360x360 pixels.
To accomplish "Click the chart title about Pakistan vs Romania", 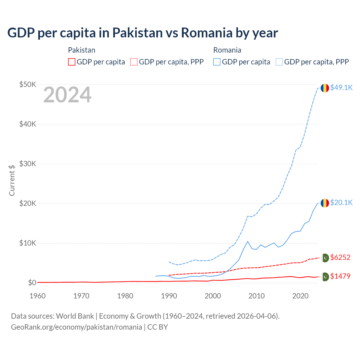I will [x=143, y=33].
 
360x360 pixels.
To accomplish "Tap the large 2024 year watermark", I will [x=67, y=95].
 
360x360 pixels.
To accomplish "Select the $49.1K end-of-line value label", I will [x=341, y=87].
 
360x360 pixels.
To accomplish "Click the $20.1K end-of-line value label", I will [x=341, y=202].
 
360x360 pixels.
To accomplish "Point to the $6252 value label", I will [x=340, y=257].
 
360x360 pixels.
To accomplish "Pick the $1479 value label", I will [x=340, y=276].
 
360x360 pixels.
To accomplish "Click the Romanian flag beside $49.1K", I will [x=325, y=88].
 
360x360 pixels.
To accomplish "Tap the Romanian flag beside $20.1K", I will [x=325, y=203].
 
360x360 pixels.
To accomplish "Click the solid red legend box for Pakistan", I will [x=72, y=62].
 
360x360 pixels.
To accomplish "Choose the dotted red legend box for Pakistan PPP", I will [x=134, y=62].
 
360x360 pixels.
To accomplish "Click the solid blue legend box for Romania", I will [x=217, y=62].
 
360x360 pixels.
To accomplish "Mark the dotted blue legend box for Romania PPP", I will [x=279, y=62].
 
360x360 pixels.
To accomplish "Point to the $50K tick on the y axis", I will [x=28, y=84].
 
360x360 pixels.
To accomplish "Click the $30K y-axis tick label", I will [x=28, y=164].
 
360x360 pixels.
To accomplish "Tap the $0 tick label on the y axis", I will [x=32, y=283].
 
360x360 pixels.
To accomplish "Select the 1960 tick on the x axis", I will [x=37, y=296].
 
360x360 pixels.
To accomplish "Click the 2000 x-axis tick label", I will [x=213, y=296].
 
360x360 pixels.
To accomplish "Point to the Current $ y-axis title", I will [x=12, y=180].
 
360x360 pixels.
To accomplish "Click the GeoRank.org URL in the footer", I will [x=76, y=327].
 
